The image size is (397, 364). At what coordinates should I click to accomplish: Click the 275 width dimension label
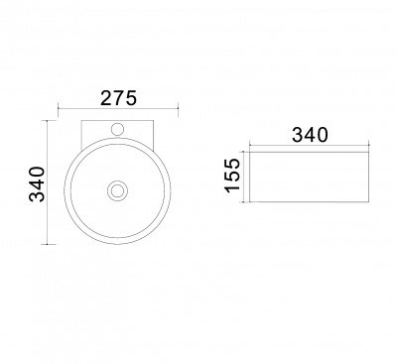pyautogui.click(x=118, y=98)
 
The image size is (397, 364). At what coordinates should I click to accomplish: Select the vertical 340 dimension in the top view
pyautogui.click(x=37, y=183)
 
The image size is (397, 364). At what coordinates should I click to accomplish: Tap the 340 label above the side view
pyautogui.click(x=310, y=135)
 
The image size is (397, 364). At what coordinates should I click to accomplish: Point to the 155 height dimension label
pyautogui.click(x=232, y=175)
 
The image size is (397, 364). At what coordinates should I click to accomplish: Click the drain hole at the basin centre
pyautogui.click(x=117, y=190)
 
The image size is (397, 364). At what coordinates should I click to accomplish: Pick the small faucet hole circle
pyautogui.click(x=117, y=129)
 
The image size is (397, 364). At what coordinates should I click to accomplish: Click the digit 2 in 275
pyautogui.click(x=106, y=98)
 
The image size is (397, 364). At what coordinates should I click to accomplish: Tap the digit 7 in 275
pyautogui.click(x=118, y=98)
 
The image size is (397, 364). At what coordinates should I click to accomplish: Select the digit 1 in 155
pyautogui.click(x=232, y=187)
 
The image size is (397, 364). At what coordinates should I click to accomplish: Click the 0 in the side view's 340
pyautogui.click(x=322, y=135)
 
